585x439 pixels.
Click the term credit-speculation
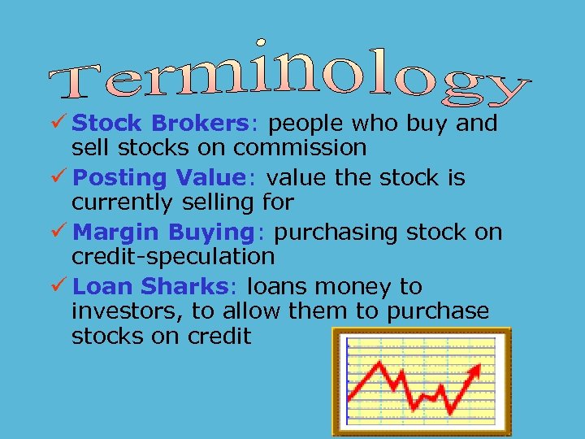pyautogui.click(x=173, y=256)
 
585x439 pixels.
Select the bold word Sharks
pyautogui.click(x=186, y=287)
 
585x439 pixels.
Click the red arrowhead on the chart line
pyautogui.click(x=475, y=370)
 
